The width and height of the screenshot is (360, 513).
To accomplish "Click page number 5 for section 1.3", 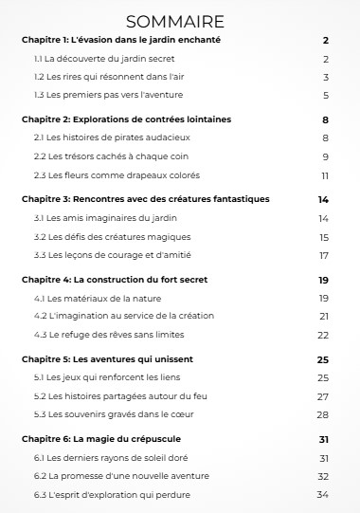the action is tap(325, 95).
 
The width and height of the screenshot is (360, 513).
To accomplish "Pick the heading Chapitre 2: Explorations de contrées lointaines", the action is tap(126, 119).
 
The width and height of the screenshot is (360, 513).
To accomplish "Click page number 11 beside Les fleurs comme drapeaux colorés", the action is tap(324, 174).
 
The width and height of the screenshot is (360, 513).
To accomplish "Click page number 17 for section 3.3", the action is tap(323, 255).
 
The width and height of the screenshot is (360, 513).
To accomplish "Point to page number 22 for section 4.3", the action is tap(323, 335).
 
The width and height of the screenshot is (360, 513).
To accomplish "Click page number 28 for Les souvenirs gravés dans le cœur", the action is tap(323, 414).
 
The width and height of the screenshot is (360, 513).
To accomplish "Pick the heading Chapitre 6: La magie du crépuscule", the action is tap(100, 439).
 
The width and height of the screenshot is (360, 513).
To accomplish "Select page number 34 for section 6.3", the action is tap(322, 494).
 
